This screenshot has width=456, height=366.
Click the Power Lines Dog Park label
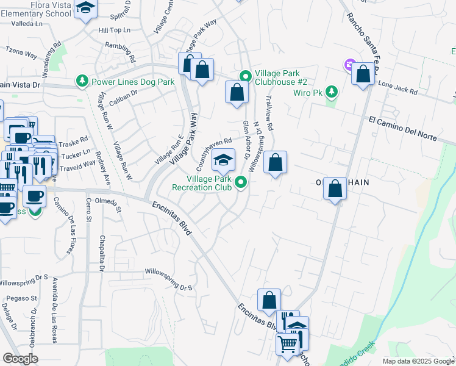click(x=132, y=81)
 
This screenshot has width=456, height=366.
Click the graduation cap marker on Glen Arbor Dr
click(x=223, y=160)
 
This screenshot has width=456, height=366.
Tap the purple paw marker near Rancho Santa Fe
click(x=349, y=63)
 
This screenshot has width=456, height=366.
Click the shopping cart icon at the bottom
click(x=287, y=343)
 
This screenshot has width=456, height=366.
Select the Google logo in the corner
click(x=21, y=359)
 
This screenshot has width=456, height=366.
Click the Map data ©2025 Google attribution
click(x=418, y=361)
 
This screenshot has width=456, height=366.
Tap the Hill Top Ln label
click(x=114, y=29)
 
